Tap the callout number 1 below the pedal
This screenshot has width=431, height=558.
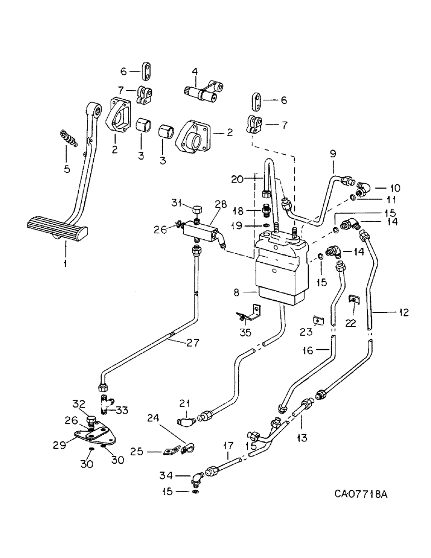pyautogui.click(x=65, y=261)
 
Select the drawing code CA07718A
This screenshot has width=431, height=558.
pyautogui.click(x=362, y=494)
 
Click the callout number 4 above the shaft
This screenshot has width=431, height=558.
pyautogui.click(x=195, y=71)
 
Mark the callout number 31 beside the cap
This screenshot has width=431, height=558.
pyautogui.click(x=176, y=202)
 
